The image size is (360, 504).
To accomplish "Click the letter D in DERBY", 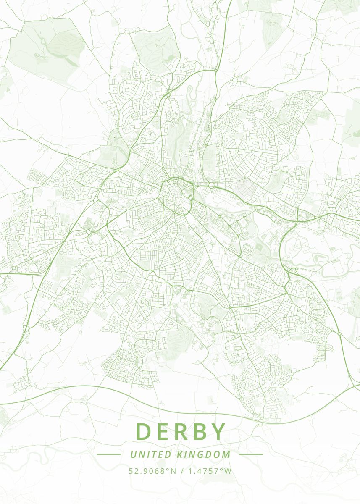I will coord(144,432).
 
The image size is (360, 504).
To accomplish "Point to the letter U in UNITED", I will coord(133,454).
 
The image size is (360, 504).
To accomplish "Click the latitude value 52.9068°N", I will coord(152,471).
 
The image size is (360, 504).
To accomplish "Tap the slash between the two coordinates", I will coord(181,471).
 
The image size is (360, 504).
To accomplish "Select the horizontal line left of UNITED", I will coord(108,454).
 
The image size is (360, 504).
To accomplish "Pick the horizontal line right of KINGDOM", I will coord(251,454).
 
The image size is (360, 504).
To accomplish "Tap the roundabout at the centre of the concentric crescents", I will coord(237,150).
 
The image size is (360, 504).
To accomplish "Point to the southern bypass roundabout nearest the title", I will coord(260,420).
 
